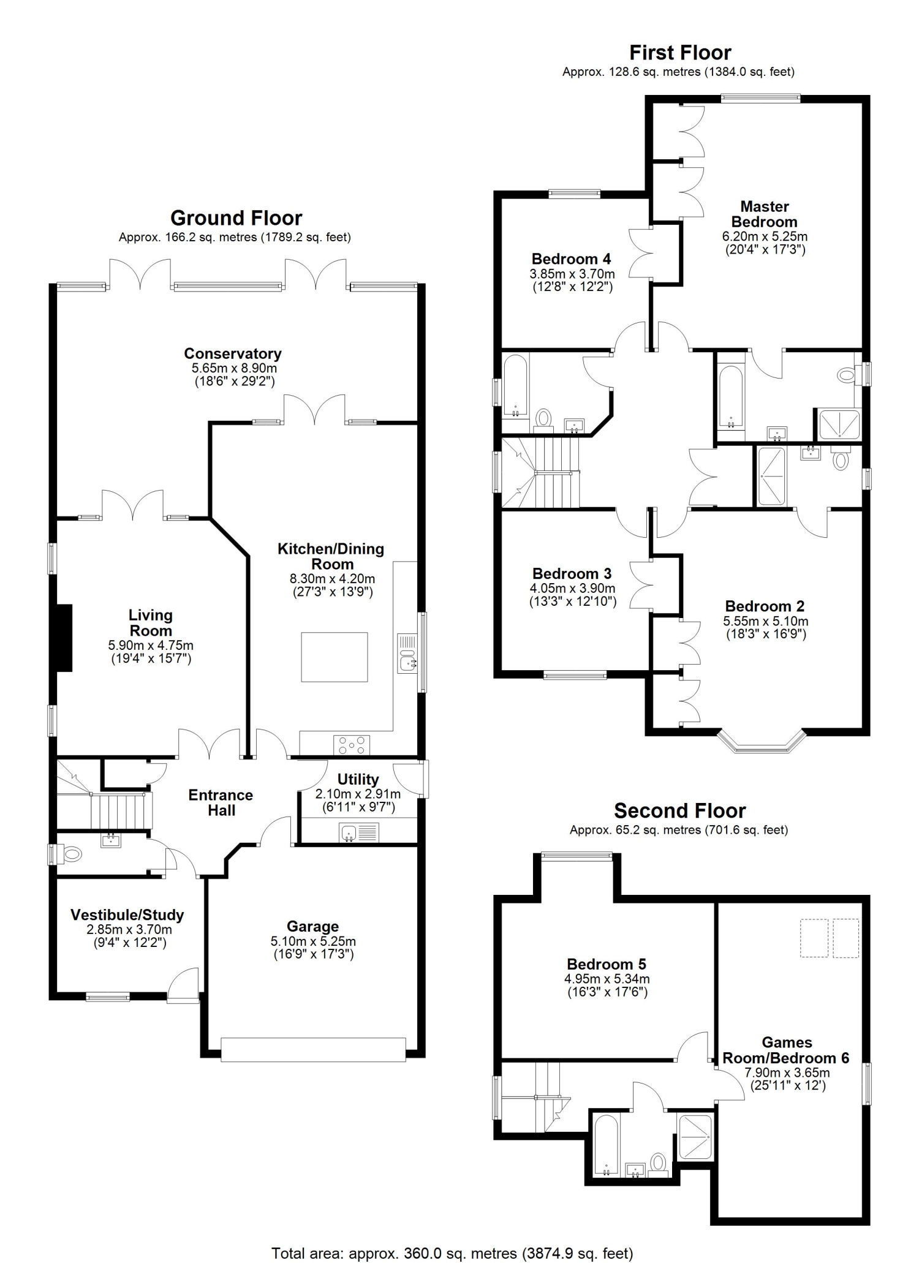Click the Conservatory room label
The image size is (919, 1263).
click(233, 353)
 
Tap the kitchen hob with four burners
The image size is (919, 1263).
click(352, 745)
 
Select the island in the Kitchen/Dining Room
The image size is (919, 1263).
click(335, 657)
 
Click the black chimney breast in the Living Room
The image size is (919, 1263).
click(64, 638)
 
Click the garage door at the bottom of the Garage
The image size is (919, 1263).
click(313, 1049)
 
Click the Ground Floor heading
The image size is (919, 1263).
click(236, 218)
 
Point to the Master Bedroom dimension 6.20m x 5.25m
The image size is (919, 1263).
click(765, 236)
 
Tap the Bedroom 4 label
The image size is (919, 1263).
click(571, 259)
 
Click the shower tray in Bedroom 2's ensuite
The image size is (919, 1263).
click(771, 477)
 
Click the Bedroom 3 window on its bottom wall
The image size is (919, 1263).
click(575, 675)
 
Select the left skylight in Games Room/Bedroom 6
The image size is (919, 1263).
click(814, 938)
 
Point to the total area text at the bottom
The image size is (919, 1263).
click(452, 1249)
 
